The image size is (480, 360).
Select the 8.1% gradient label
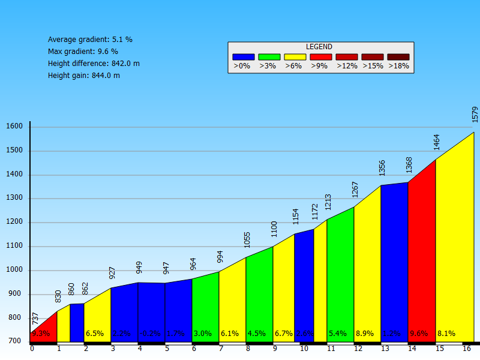(x=446, y=334)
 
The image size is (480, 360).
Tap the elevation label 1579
(x=475, y=115)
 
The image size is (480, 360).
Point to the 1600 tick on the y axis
(x=14, y=127)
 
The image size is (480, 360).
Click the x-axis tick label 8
(x=248, y=349)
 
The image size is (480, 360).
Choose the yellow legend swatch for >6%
(x=295, y=57)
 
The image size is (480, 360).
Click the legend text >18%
(x=398, y=66)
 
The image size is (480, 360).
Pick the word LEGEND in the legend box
(x=319, y=47)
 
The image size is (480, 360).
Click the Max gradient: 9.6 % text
(x=83, y=52)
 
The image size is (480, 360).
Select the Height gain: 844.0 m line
(x=84, y=76)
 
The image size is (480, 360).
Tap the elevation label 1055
(x=247, y=239)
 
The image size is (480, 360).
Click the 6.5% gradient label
(x=95, y=334)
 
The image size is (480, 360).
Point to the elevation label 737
(x=35, y=319)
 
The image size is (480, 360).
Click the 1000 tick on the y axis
(x=14, y=270)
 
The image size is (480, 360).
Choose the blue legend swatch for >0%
(x=243, y=57)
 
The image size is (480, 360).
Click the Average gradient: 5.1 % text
(x=90, y=40)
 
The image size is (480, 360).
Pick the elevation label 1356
(x=382, y=167)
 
